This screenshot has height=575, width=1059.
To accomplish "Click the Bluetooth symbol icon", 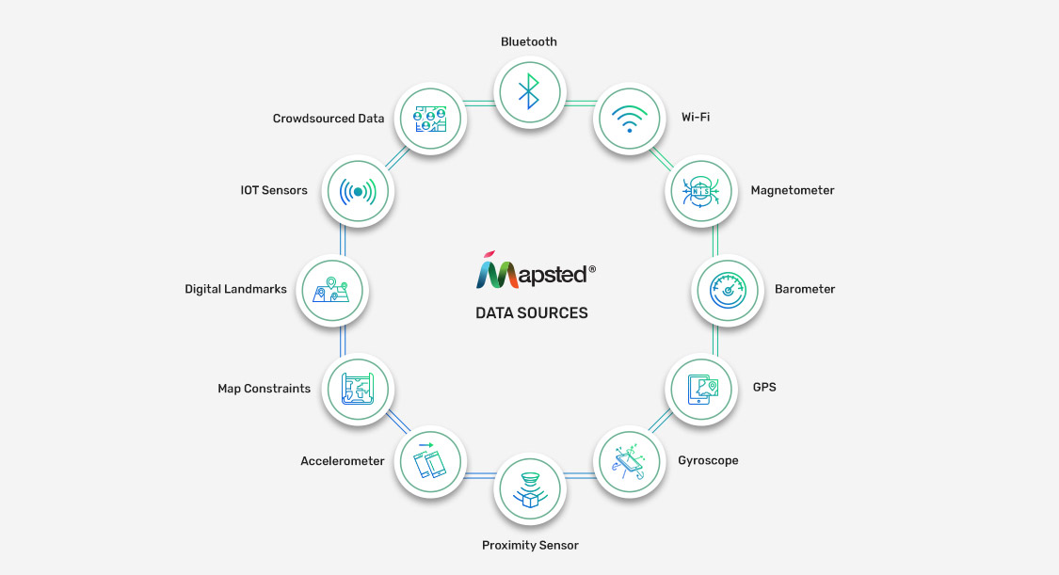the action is tap(529, 91).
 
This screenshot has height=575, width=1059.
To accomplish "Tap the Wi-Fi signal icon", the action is tap(629, 119).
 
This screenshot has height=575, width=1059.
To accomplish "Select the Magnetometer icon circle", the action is tap(701, 191).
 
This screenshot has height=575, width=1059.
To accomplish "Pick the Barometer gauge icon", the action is tap(728, 291).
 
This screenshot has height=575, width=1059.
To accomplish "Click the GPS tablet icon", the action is tap(702, 390).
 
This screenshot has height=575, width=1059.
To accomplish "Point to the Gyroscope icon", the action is tap(630, 462).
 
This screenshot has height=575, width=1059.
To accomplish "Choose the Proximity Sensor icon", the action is tap(529, 489).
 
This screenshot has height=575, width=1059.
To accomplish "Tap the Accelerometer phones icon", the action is tap(429, 460).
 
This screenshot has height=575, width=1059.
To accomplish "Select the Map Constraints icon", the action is tap(358, 390).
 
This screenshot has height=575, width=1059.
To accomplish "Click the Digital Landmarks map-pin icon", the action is tap(331, 290).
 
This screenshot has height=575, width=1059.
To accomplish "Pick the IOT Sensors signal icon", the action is tap(358, 192).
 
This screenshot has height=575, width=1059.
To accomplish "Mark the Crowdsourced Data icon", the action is tap(430, 119).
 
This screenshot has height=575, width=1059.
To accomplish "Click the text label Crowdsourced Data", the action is tap(329, 118).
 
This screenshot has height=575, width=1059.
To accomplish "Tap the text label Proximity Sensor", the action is tap(530, 545).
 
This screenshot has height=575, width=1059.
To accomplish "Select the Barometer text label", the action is tap(805, 289).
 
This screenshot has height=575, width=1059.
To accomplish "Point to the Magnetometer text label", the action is tap(793, 190).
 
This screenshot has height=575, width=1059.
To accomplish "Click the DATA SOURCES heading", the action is tap(532, 313).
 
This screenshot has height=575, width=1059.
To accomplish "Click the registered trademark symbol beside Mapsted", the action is tap(592, 269).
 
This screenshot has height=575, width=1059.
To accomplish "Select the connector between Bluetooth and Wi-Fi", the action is tap(580, 104).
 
